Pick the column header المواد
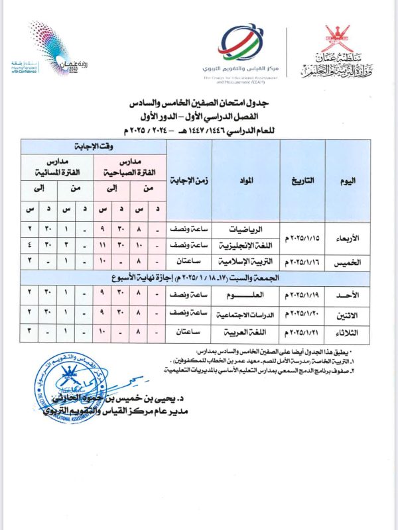coord(245,180)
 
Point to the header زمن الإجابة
coord(188,180)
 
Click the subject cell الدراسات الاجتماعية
coord(245,310)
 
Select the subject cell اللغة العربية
coord(245,327)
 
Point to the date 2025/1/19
coord(304,292)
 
